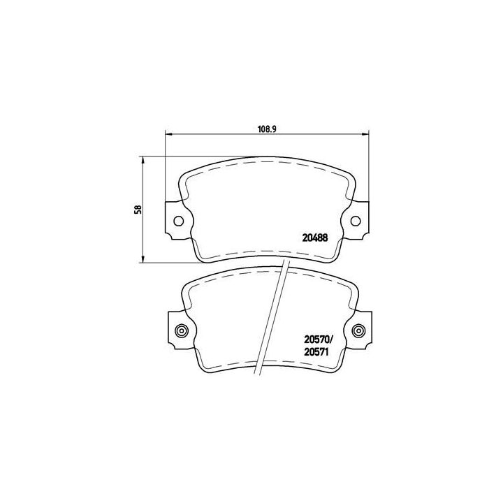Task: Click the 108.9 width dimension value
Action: click(x=263, y=129)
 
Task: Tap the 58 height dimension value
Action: click(x=139, y=209)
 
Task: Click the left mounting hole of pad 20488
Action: click(x=178, y=221)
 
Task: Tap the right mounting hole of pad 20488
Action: click(x=356, y=221)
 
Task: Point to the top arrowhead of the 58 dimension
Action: click(x=143, y=159)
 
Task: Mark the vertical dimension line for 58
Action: click(x=143, y=182)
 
